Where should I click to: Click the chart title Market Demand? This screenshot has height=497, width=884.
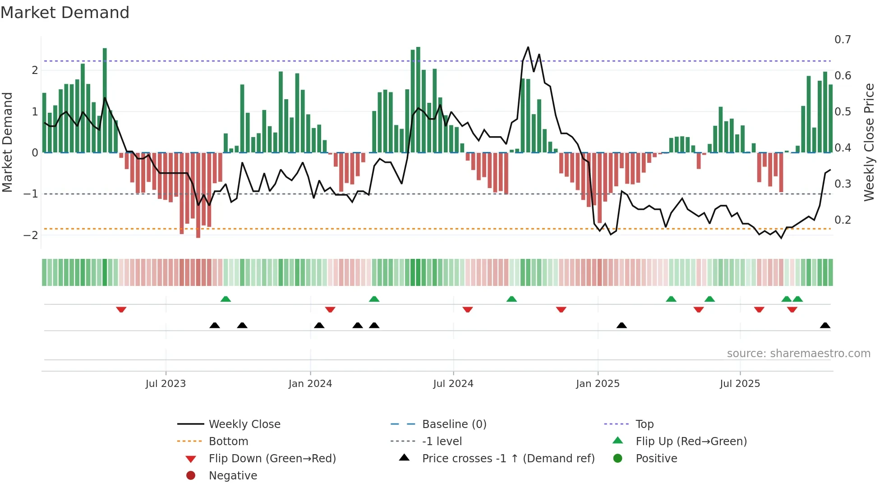point(65,13)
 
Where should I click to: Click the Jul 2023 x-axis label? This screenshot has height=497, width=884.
point(166,384)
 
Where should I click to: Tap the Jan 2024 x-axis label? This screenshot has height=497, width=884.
point(310,384)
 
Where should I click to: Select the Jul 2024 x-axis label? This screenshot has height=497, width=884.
point(453,384)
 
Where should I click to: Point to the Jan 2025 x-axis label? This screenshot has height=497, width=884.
point(598,384)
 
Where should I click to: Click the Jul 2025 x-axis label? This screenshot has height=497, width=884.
point(740,384)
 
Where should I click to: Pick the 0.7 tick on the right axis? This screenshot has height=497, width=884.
point(842,40)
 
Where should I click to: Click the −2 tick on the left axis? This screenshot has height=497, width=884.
point(31,235)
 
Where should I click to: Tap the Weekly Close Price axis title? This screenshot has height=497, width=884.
point(869,142)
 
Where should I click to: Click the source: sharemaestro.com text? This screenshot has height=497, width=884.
point(798,354)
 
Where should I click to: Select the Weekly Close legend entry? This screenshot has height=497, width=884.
point(244,424)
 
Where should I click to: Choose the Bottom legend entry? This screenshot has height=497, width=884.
point(228,442)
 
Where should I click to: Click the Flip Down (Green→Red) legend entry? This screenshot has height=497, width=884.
point(272,459)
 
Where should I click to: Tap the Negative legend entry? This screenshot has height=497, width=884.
point(233,476)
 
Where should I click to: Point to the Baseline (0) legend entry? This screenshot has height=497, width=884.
point(454,424)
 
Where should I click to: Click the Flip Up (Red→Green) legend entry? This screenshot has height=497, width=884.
point(691,442)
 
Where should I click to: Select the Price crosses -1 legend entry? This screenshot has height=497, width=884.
point(508,459)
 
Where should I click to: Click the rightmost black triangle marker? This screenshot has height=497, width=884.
point(825,326)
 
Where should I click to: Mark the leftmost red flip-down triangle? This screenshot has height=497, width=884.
point(121,310)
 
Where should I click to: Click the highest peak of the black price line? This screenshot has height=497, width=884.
point(528,47)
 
